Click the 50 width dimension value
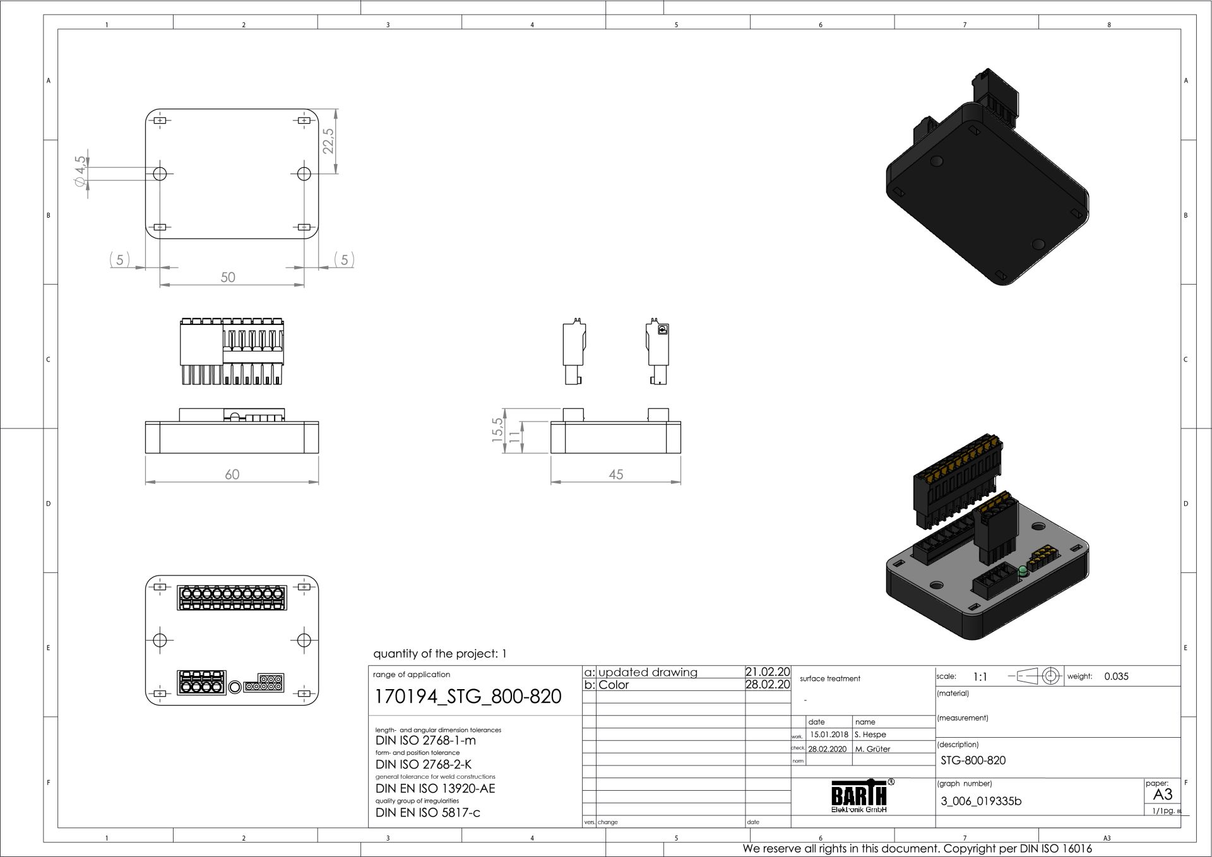(x=228, y=277)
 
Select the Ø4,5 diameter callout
(x=80, y=170)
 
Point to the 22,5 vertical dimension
(x=328, y=141)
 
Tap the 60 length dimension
(x=232, y=474)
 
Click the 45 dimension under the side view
(x=615, y=474)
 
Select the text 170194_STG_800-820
(x=468, y=696)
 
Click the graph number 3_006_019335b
(x=981, y=801)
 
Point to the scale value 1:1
(x=980, y=677)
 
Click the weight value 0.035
(x=1116, y=677)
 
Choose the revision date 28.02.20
(x=768, y=685)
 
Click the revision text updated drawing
(x=648, y=672)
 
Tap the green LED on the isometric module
(x=1023, y=571)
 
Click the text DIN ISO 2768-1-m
(x=425, y=740)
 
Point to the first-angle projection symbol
(x=1036, y=676)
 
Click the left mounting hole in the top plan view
(x=160, y=173)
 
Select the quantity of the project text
(x=439, y=654)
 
